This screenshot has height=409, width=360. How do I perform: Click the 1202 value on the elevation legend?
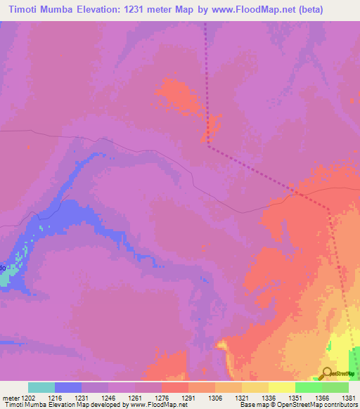pos(28,397)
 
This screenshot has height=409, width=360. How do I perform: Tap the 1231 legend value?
pos(82,397)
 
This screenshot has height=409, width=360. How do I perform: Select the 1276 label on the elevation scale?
pos(161,397)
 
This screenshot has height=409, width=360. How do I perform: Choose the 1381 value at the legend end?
pos(348,397)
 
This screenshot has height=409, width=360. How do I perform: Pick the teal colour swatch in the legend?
pos(41,387)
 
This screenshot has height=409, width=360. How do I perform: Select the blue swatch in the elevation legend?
pos(68,387)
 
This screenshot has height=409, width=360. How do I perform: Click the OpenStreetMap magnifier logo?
pos(326,374)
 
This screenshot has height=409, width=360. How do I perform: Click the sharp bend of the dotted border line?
pos(209,145)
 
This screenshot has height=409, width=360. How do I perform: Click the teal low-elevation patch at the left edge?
pos(4,279)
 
